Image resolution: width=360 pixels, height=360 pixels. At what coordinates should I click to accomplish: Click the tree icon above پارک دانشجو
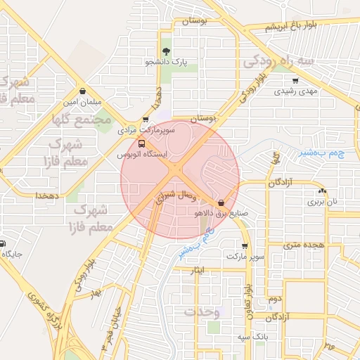pyautogui.click(x=166, y=51)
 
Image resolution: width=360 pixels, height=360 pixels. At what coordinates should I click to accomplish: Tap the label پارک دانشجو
pyautogui.click(x=167, y=63)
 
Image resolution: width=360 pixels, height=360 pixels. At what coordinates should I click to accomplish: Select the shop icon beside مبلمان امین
pyautogui.click(x=83, y=91)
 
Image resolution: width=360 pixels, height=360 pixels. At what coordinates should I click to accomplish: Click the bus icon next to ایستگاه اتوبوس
pyautogui.click(x=143, y=144)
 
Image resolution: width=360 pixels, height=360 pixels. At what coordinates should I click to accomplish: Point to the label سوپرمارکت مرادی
pyautogui.click(x=145, y=130)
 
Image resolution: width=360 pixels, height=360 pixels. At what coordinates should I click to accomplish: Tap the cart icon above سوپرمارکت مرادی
pyautogui.click(x=146, y=120)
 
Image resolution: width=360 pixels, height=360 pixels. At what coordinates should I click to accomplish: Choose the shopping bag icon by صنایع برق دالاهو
pyautogui.click(x=222, y=202)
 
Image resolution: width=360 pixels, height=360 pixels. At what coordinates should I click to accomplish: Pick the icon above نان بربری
pyautogui.click(x=322, y=191)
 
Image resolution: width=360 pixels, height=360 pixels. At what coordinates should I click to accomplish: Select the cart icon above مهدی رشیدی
pyautogui.click(x=295, y=80)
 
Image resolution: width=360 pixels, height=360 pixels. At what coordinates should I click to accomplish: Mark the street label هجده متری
pyautogui.click(x=302, y=245)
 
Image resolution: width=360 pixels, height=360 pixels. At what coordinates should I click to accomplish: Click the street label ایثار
pyautogui.click(x=198, y=269)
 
